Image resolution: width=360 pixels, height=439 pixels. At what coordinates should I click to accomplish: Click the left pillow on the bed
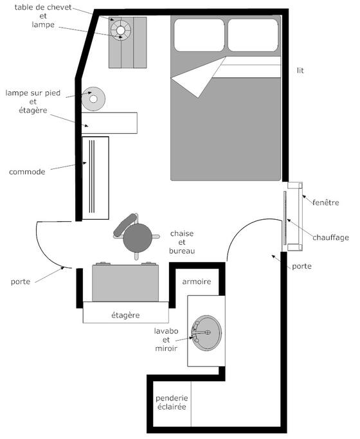(199, 35)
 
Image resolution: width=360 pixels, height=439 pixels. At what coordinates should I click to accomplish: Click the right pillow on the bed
(253, 35)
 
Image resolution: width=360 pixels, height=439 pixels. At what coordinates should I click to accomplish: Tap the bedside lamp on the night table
(121, 30)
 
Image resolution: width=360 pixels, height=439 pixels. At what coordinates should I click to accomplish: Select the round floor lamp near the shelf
(93, 99)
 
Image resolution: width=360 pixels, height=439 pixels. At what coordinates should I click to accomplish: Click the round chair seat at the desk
(138, 238)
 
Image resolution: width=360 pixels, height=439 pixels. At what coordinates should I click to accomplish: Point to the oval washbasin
(206, 333)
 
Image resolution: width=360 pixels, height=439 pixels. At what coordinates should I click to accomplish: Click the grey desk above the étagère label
(125, 283)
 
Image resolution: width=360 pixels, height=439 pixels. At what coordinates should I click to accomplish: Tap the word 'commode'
(27, 172)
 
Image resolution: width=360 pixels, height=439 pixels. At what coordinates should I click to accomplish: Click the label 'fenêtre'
(326, 202)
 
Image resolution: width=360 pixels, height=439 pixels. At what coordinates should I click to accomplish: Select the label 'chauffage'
(331, 237)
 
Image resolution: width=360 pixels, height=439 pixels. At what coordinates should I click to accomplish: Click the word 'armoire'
(197, 282)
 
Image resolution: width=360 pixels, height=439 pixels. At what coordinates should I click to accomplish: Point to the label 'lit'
(300, 70)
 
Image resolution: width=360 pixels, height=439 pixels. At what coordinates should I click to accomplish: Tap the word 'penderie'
(172, 398)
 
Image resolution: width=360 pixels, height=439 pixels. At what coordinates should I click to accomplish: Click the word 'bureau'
(182, 251)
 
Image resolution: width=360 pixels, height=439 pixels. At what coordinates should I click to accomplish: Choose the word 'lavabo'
(166, 331)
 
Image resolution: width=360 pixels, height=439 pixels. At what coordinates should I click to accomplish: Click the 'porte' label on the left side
(21, 282)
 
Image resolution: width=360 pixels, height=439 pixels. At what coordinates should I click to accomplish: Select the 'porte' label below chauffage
(301, 266)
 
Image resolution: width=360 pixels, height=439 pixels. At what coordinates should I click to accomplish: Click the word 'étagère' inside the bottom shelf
(126, 315)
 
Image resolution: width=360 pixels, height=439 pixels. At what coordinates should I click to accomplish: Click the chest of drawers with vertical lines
(95, 178)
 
